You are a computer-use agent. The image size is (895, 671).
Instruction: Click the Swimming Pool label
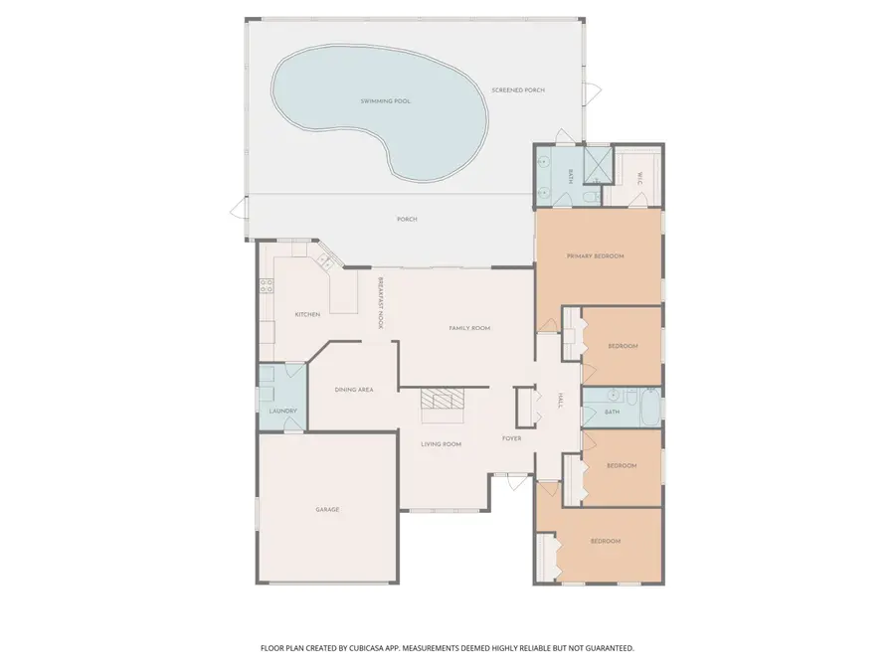(x=385, y=101)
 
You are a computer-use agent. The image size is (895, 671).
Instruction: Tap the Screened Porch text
(x=518, y=90)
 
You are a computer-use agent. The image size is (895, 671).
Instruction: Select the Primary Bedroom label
(x=595, y=256)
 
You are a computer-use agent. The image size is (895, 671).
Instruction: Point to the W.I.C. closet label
(x=638, y=178)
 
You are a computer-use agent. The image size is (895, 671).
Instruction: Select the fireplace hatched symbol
(x=442, y=399)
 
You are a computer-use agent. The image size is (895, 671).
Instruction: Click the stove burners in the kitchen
(x=267, y=285)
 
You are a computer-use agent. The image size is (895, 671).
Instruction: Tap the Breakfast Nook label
(x=380, y=302)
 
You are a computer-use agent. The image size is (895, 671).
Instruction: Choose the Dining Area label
(x=354, y=390)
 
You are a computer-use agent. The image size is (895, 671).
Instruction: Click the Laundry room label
(x=283, y=412)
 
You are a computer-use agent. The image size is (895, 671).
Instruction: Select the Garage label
(x=327, y=510)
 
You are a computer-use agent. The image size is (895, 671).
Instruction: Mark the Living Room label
(x=441, y=444)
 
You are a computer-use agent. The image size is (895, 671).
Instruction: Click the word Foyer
(x=511, y=438)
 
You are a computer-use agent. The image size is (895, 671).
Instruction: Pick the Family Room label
(x=469, y=328)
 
